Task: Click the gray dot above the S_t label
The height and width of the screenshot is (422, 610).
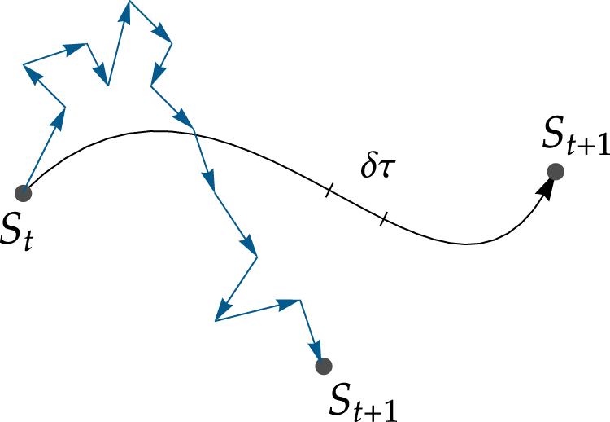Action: click(24, 193)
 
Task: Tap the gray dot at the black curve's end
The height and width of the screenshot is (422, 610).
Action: click(556, 171)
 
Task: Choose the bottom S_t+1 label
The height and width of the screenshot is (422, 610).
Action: click(363, 398)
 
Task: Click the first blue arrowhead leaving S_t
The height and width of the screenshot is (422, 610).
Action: click(59, 117)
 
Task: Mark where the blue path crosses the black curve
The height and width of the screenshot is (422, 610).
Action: click(194, 133)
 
